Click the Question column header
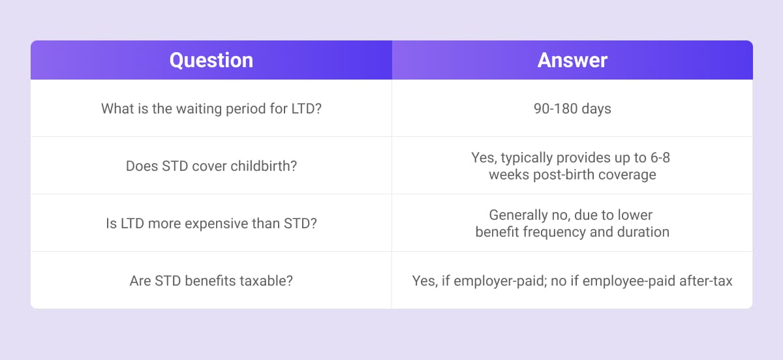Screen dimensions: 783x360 [211, 61]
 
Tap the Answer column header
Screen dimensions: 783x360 [572, 60]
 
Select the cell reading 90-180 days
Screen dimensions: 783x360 [572, 109]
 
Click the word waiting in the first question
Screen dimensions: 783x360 [199, 109]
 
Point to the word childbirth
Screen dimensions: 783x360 [264, 166]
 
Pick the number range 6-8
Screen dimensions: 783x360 [660, 158]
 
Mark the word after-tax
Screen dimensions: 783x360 [706, 281]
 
